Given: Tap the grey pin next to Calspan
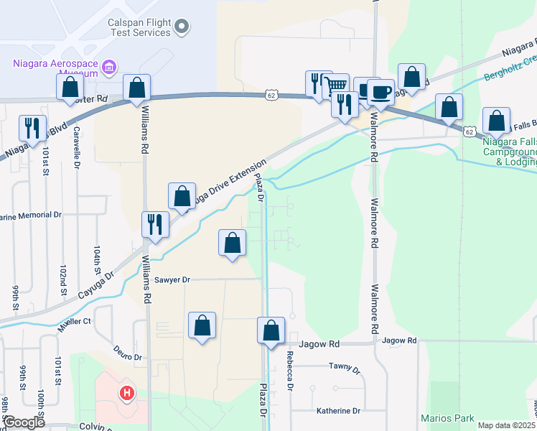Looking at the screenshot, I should coord(182,27).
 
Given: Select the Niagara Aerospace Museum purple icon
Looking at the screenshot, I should coord(109,68).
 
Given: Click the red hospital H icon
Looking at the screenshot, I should coord(127,394).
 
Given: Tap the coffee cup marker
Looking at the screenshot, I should coord(381,92).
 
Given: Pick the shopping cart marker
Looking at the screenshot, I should coord(336,86).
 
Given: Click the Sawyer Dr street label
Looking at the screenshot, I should coord(171,279).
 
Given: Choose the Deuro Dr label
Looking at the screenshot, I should coord(129,353).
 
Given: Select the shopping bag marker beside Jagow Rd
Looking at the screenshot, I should coord(271,331).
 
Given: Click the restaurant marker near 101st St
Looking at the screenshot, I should coord(32,128).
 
